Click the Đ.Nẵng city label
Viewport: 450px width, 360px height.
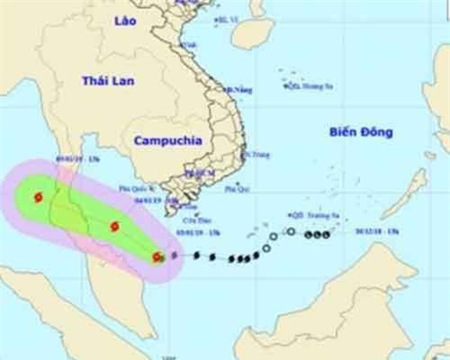tap(238, 90)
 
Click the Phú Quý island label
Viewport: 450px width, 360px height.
tap(237, 192)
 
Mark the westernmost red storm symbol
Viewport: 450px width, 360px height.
tap(37, 197)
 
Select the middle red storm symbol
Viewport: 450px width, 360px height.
tap(114, 227)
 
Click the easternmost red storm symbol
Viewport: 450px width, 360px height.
tap(158, 258)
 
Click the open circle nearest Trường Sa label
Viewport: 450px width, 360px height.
tap(291, 232)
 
